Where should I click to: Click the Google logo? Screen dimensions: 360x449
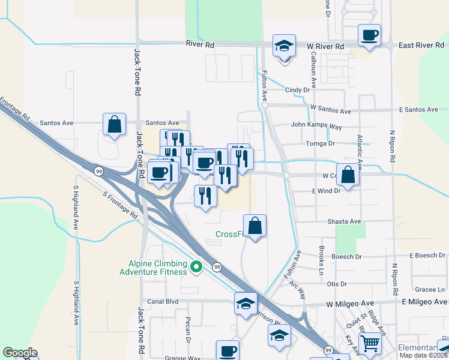[x=20, y=353]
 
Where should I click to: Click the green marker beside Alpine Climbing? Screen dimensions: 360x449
[x=196, y=266]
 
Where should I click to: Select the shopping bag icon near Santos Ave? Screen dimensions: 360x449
[x=114, y=125]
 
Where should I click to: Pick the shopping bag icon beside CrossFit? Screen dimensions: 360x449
[x=255, y=226]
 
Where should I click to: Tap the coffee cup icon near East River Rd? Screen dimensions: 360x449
[x=369, y=35]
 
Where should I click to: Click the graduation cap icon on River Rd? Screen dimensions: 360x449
[x=284, y=45]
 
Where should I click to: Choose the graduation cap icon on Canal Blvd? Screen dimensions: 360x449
[x=246, y=303]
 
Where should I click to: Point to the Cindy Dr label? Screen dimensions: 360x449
[x=297, y=90]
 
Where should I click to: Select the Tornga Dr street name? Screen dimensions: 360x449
[x=321, y=144]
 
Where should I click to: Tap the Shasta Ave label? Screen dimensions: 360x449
[x=344, y=221]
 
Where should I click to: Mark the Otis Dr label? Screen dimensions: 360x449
[x=337, y=284]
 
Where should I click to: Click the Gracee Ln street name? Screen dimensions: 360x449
[x=429, y=289]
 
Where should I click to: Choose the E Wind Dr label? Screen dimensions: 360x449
[x=326, y=190]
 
